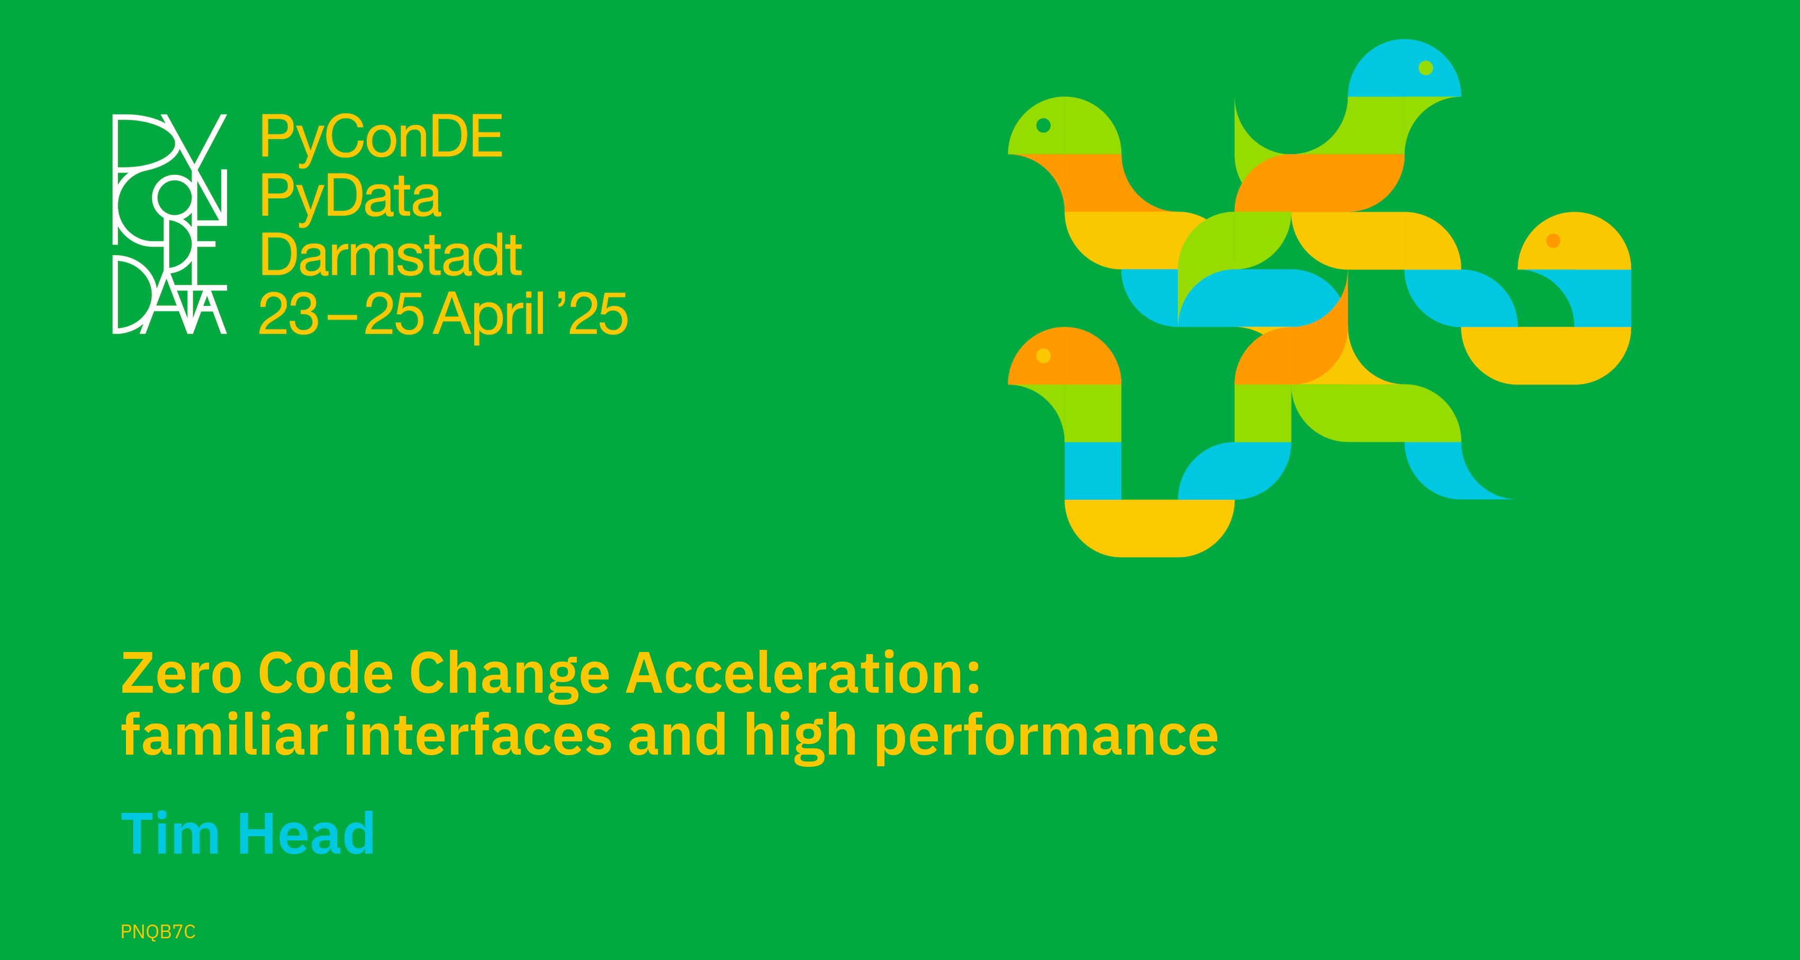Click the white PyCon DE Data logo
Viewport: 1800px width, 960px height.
[x=170, y=223]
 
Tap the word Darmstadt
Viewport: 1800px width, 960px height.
[x=391, y=255]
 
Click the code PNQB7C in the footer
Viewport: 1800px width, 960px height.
[x=158, y=931]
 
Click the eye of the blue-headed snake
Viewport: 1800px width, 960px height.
[x=1426, y=68]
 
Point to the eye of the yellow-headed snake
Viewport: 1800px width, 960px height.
[x=1553, y=241]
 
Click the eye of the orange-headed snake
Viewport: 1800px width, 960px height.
[x=1043, y=356]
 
